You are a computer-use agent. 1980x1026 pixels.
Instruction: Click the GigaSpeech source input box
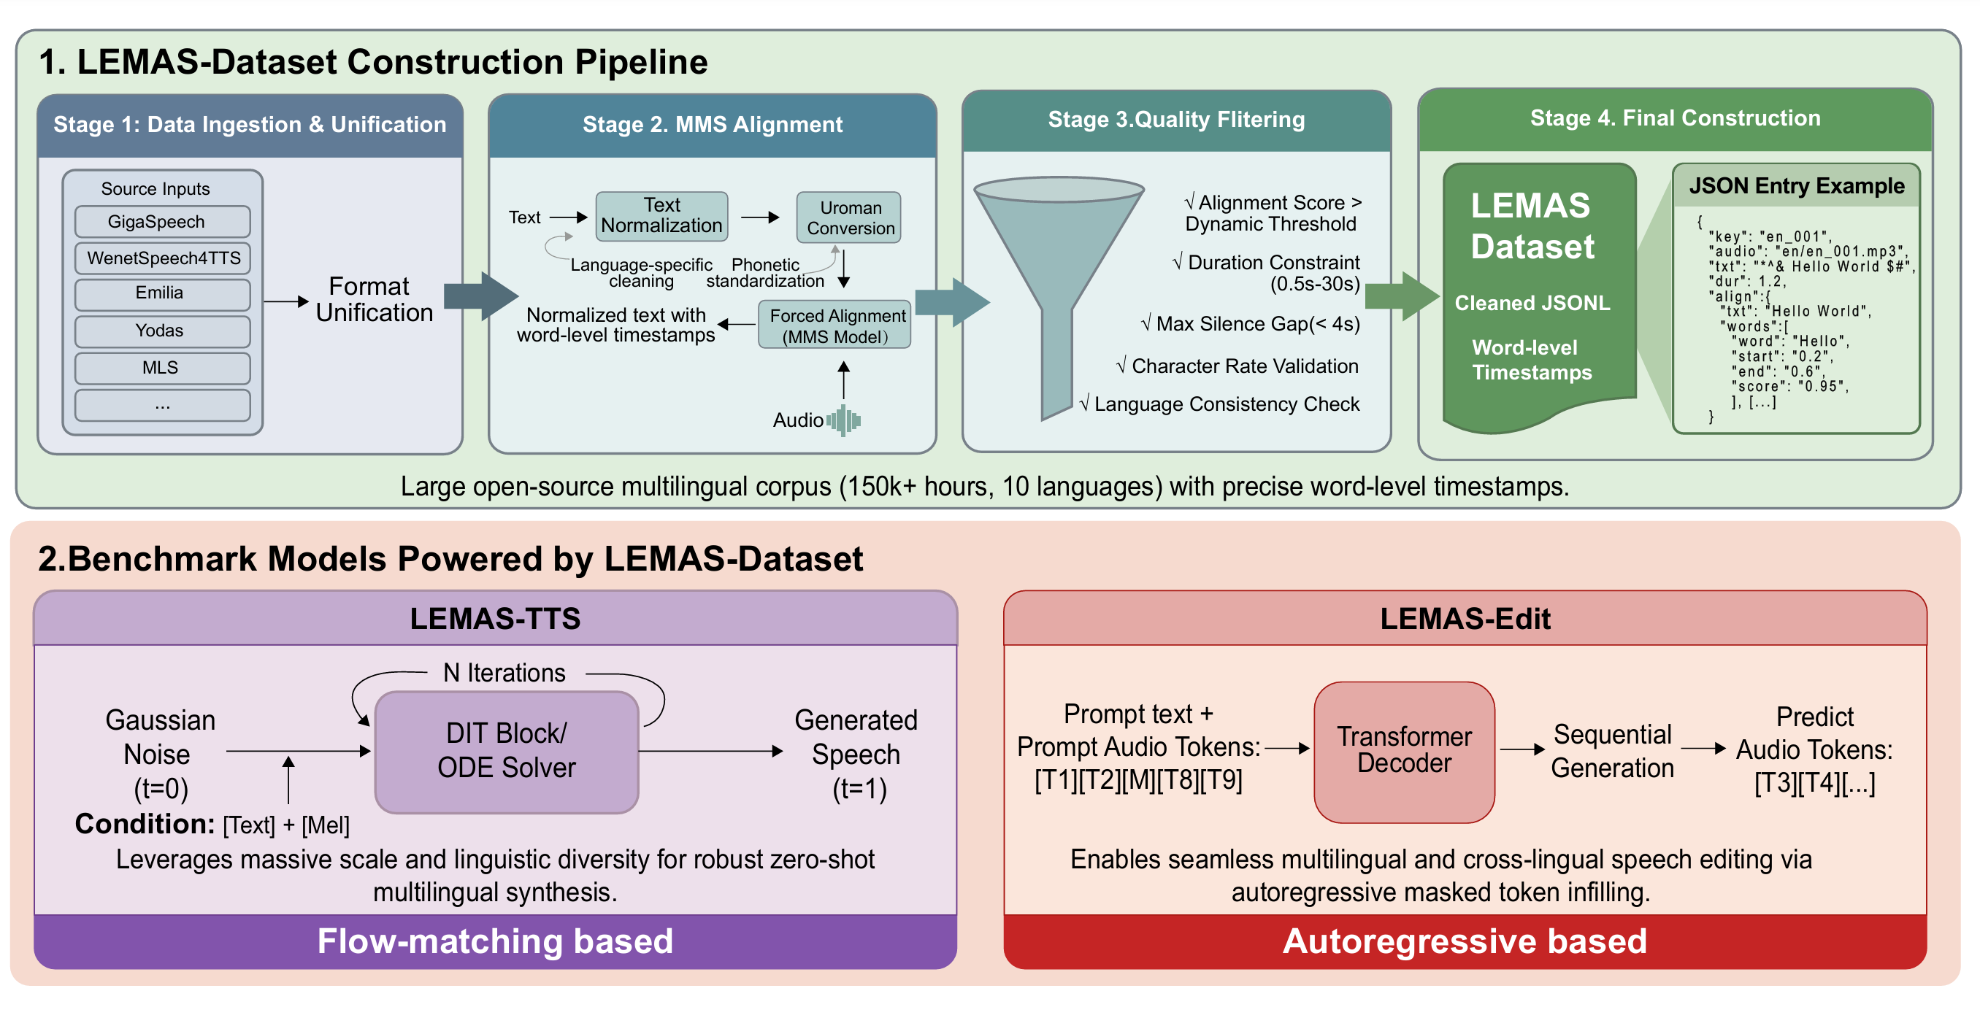(x=162, y=221)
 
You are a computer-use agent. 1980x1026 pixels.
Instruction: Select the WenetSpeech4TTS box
(x=162, y=258)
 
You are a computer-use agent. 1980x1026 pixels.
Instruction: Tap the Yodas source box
(x=162, y=331)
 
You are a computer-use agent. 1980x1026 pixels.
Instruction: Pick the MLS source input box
(x=162, y=367)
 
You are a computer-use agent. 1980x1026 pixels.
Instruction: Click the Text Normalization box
(x=661, y=216)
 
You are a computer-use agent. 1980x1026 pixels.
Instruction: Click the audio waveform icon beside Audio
(x=844, y=420)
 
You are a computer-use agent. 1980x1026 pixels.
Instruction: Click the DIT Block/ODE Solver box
(x=506, y=751)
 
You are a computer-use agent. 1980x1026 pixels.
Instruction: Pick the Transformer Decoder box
(x=1403, y=751)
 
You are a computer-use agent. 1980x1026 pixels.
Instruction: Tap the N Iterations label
(x=504, y=673)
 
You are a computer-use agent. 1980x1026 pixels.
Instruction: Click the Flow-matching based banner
(x=495, y=941)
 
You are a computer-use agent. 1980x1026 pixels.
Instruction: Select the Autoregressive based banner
(x=1465, y=941)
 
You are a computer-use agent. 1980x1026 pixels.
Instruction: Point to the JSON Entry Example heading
(x=1795, y=186)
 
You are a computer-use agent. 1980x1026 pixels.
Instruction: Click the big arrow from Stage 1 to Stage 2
(x=481, y=296)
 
